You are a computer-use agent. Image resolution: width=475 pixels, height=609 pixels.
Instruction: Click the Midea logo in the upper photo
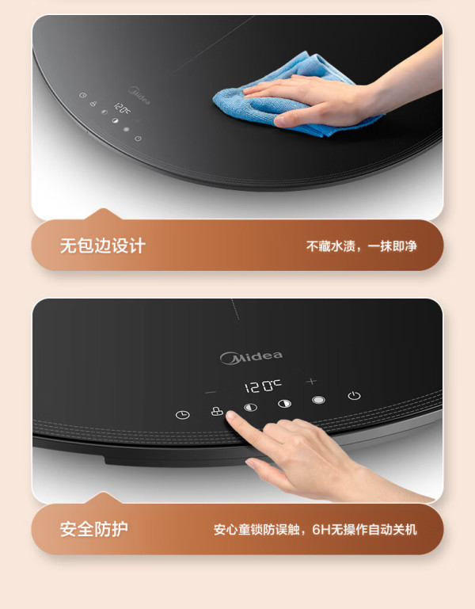click(139, 96)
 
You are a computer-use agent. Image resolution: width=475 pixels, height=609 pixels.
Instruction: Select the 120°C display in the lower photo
click(263, 386)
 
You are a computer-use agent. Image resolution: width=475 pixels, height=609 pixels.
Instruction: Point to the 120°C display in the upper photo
click(122, 108)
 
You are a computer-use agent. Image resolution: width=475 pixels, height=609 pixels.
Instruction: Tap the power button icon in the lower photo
click(354, 395)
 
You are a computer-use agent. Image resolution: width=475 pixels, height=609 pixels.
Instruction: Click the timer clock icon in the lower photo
click(183, 415)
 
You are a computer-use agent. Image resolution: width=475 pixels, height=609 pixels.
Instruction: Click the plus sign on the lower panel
click(311, 382)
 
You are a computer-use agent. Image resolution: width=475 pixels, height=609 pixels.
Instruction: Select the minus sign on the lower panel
click(210, 393)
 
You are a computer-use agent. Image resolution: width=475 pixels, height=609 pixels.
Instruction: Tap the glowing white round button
click(318, 400)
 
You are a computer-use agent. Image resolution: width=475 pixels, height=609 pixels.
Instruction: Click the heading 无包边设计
click(103, 246)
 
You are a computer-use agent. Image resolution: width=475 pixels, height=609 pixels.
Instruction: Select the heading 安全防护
click(94, 529)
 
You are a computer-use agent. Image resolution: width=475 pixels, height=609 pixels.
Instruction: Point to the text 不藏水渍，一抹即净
click(362, 246)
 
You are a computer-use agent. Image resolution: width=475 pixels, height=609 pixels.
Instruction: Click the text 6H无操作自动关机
click(365, 529)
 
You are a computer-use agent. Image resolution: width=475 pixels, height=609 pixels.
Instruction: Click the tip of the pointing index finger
click(230, 415)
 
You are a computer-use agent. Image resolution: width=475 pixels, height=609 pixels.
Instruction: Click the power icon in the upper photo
click(138, 138)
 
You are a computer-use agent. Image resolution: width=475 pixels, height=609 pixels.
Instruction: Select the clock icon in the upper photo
click(82, 95)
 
